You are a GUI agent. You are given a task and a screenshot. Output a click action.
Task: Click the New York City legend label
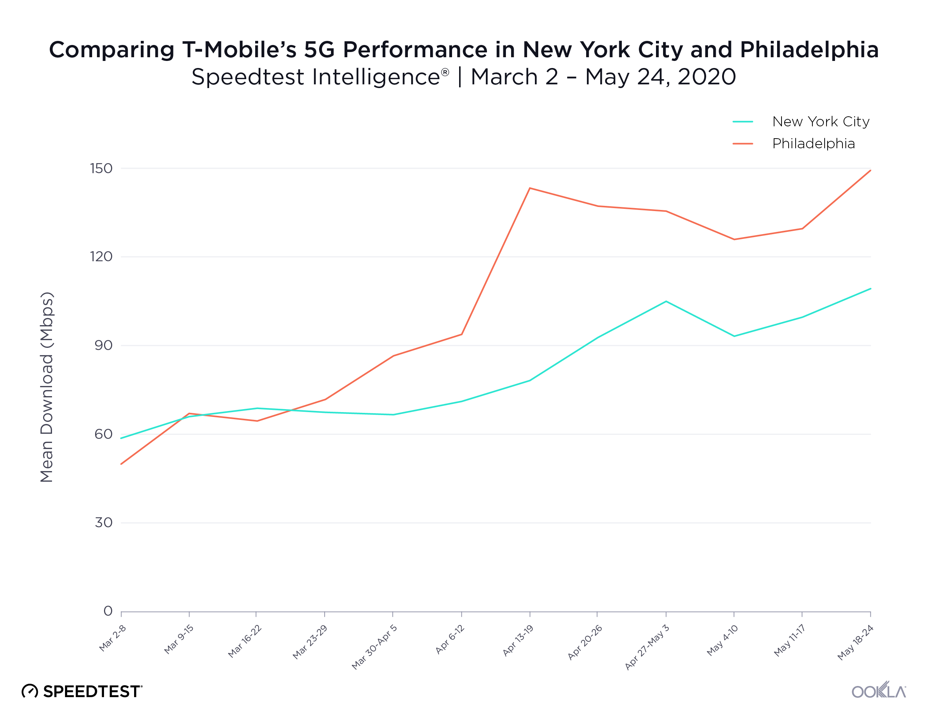[821, 122]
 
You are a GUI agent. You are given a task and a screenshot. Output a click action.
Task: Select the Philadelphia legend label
[813, 144]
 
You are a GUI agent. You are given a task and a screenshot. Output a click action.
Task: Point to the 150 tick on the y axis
[101, 168]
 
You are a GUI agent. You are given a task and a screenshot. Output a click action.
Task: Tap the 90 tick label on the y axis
[103, 346]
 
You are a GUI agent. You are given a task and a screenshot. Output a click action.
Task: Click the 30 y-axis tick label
[103, 523]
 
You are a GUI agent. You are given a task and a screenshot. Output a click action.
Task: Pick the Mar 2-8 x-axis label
[113, 638]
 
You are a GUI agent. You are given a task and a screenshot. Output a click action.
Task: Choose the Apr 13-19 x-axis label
[518, 640]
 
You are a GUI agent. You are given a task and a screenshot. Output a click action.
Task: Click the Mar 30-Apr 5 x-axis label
[374, 647]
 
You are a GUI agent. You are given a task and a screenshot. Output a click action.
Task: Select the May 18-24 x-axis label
[855, 642]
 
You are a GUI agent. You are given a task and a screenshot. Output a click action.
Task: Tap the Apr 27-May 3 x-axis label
[647, 647]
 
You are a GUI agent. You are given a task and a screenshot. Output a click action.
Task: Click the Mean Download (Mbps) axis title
[47, 387]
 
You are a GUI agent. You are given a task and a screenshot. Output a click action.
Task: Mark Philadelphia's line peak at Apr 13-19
[530, 188]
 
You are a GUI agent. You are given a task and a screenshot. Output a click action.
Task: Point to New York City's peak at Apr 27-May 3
[666, 301]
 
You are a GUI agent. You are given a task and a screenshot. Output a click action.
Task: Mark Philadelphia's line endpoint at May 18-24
[870, 171]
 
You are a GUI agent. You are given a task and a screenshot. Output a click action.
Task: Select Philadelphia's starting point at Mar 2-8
[122, 464]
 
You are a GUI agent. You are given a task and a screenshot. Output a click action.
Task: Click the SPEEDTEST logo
[82, 692]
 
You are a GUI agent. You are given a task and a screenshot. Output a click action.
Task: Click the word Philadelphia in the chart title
[809, 50]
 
